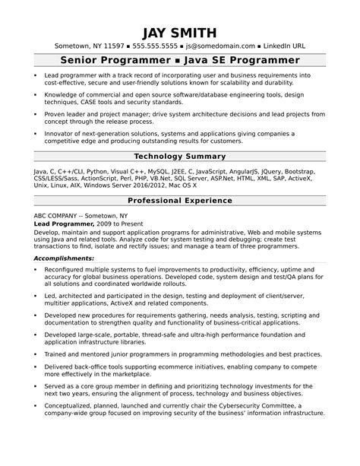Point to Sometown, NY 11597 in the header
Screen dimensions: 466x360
[84, 46]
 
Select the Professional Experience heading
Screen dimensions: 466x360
[179, 201]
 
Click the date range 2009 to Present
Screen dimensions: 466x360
[123, 225]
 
